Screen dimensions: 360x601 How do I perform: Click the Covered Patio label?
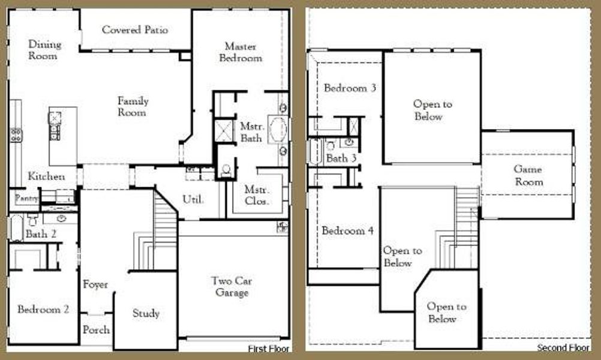pyautogui.click(x=135, y=29)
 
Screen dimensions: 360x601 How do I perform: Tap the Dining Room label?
pyautogui.click(x=44, y=50)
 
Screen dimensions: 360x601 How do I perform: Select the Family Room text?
pyautogui.click(x=133, y=107)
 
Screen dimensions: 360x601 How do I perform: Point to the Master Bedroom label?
pyautogui.click(x=241, y=52)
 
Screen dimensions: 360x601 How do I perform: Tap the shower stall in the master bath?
pyautogui.click(x=225, y=130)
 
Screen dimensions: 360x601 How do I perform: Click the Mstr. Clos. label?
pyautogui.click(x=257, y=195)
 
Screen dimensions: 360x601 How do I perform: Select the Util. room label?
pyautogui.click(x=193, y=199)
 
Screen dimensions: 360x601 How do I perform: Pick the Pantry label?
pyautogui.click(x=26, y=197)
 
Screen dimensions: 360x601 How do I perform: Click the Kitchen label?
pyautogui.click(x=46, y=176)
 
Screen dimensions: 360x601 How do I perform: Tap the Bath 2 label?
pyautogui.click(x=41, y=234)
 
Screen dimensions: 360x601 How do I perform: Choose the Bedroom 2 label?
pyautogui.click(x=43, y=310)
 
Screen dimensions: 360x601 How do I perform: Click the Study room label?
pyautogui.click(x=146, y=313)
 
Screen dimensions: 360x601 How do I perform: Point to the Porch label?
pyautogui.click(x=96, y=329)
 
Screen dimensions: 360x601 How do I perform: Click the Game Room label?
pyautogui.click(x=528, y=176)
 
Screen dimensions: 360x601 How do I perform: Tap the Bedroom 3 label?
pyautogui.click(x=350, y=88)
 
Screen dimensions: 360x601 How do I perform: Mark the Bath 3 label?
pyautogui.click(x=341, y=159)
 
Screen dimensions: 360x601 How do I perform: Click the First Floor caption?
pyautogui.click(x=269, y=349)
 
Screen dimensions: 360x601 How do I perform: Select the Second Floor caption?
pyautogui.click(x=563, y=348)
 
